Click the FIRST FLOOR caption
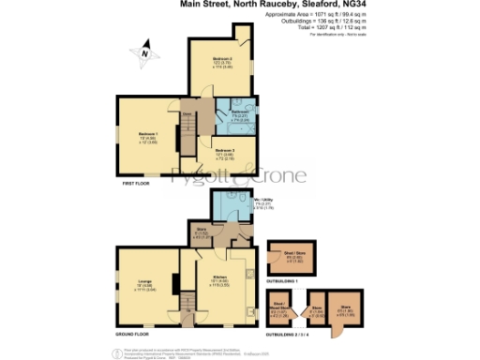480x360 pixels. pyautogui.click(x=137, y=184)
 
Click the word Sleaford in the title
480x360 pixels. pyautogui.click(x=323, y=6)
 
